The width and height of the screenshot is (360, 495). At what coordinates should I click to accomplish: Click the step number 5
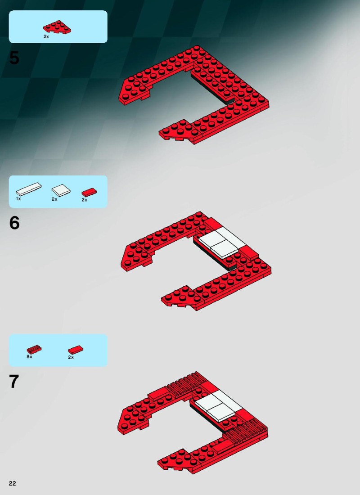(14, 58)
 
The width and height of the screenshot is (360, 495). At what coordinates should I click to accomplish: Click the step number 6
(14, 223)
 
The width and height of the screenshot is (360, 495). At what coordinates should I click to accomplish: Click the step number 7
(14, 381)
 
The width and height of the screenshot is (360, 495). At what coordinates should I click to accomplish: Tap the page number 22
(12, 483)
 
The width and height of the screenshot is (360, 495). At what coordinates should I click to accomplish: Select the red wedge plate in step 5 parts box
(57, 27)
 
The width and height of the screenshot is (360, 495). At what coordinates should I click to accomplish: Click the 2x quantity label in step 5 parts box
(46, 36)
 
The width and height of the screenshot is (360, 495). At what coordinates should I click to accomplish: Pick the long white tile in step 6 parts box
(29, 189)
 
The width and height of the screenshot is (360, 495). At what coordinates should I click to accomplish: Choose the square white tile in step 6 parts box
(61, 190)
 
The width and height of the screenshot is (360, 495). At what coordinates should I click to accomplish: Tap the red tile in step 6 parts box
(89, 192)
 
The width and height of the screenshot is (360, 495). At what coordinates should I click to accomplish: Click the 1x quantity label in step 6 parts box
(18, 199)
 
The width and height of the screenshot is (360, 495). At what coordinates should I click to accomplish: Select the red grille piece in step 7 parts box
(34, 349)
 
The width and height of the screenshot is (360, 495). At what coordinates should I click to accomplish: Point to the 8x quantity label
(29, 357)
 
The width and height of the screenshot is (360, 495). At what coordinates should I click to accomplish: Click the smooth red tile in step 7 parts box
(76, 350)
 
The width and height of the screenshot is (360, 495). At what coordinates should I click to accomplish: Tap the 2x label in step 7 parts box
(71, 357)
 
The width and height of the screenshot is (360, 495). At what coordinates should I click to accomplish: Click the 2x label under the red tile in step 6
(84, 200)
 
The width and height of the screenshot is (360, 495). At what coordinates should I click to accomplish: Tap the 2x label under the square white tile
(54, 199)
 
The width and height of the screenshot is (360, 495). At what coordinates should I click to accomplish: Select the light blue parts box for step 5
(58, 27)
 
